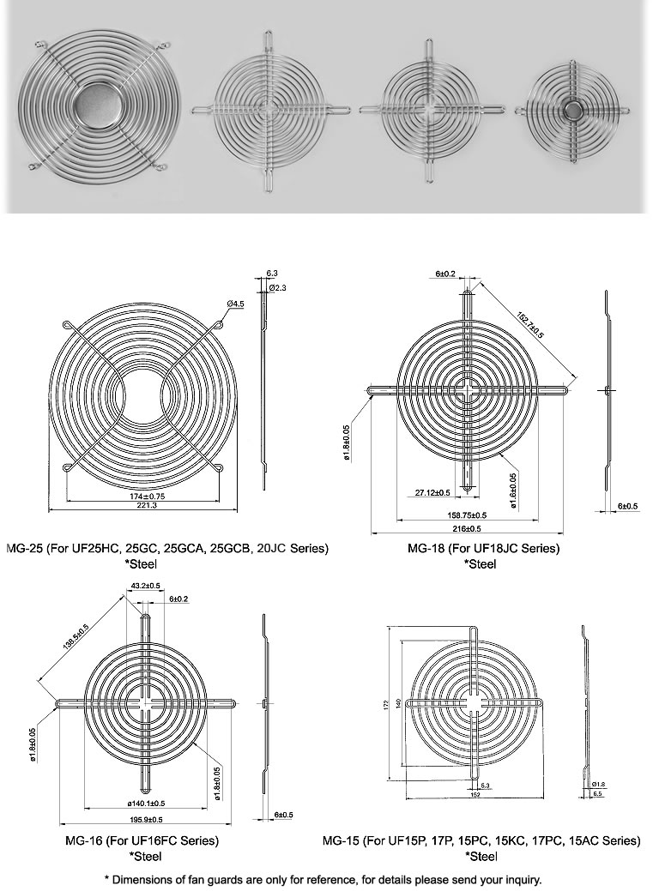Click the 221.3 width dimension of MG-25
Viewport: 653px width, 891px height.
pyautogui.click(x=142, y=507)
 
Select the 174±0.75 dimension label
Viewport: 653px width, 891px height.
pyautogui.click(x=142, y=497)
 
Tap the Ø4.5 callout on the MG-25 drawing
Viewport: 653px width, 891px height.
pyautogui.click(x=237, y=304)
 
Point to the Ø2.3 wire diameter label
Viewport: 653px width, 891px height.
pyautogui.click(x=277, y=287)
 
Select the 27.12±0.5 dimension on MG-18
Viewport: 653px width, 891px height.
pyautogui.click(x=432, y=492)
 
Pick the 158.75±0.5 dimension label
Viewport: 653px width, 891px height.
pyautogui.click(x=468, y=515)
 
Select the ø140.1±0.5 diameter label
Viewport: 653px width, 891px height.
pyautogui.click(x=145, y=804)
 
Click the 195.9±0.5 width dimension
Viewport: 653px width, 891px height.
pyautogui.click(x=145, y=820)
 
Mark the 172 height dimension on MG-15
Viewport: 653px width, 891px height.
pyautogui.click(x=387, y=703)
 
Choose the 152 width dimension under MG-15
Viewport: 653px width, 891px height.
pyautogui.click(x=475, y=794)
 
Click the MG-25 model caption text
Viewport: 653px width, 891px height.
pyautogui.click(x=166, y=548)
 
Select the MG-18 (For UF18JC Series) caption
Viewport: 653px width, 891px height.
pyautogui.click(x=484, y=548)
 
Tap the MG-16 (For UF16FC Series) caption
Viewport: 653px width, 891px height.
pyautogui.click(x=142, y=840)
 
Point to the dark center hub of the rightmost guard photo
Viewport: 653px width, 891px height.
pyautogui.click(x=573, y=109)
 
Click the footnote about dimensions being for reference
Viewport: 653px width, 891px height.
pyautogui.click(x=323, y=879)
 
